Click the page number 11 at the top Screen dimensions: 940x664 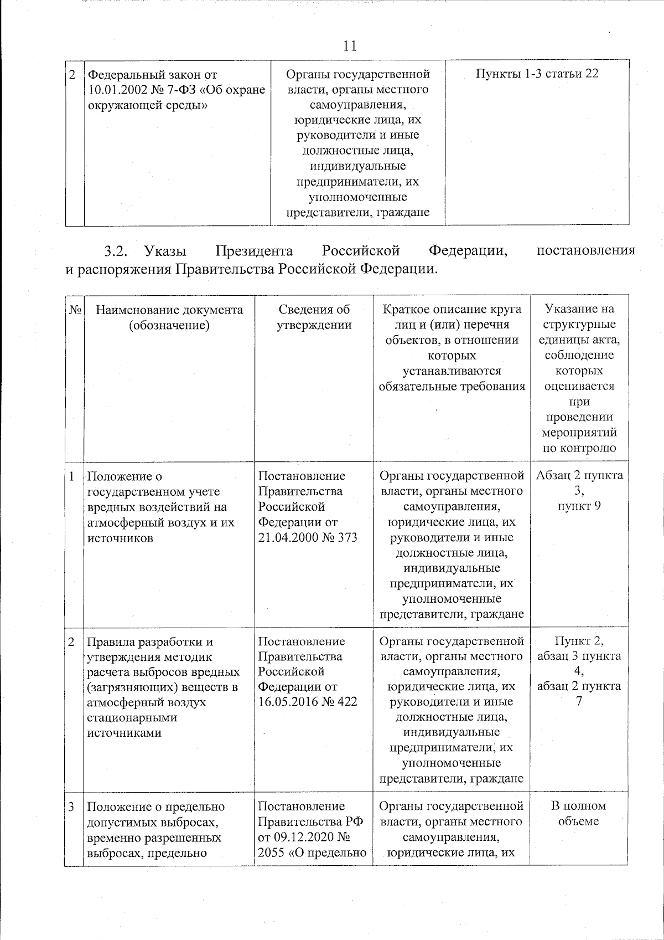coord(349,45)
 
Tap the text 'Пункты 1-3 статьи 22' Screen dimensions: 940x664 coord(537,74)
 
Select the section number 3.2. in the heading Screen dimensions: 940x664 coord(116,251)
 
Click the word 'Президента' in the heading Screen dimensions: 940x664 coord(254,251)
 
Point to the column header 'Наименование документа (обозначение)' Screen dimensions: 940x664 coord(169,317)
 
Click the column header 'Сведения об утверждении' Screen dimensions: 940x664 coord(314,317)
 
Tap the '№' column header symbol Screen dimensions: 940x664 coord(75,310)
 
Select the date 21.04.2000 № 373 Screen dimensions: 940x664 coord(308,538)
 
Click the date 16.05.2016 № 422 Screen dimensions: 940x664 coord(308,702)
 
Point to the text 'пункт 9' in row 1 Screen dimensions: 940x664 coord(579,506)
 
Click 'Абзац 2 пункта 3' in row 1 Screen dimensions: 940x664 coord(579,482)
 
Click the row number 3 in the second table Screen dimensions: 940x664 coord(72,807)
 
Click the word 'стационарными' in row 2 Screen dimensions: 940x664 coord(124,717)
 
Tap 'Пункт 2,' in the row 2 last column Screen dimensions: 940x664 coord(579,641)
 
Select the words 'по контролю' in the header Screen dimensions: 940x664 coord(579,448)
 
